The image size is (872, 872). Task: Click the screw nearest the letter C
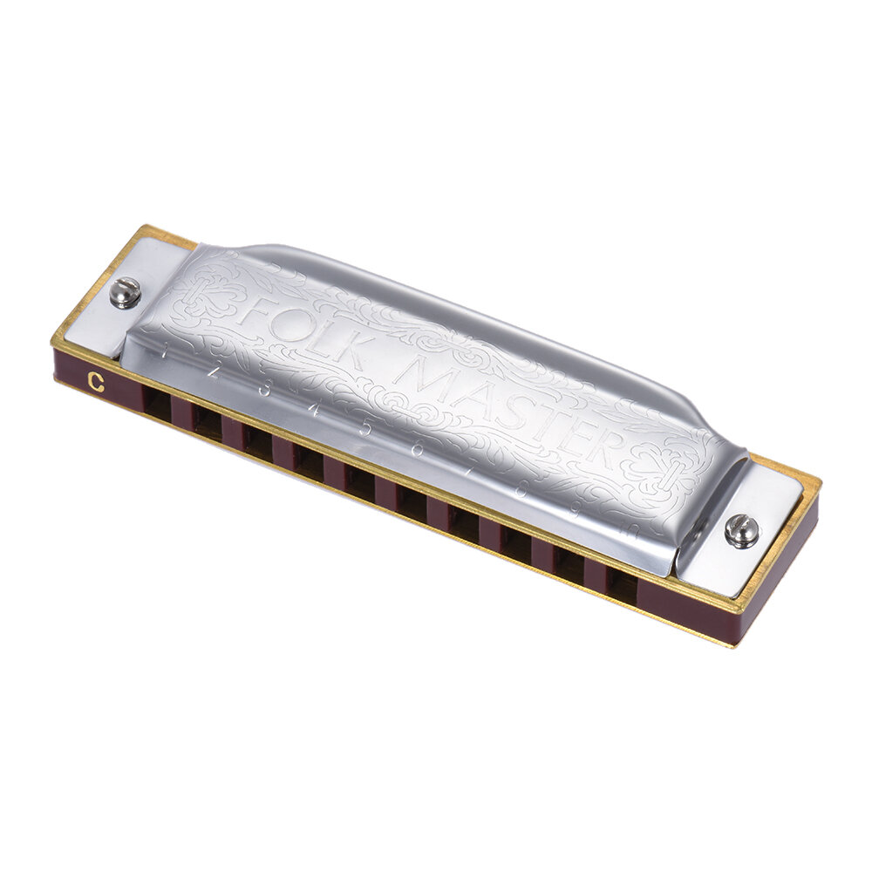point(125,292)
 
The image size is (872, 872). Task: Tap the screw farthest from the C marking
point(741,530)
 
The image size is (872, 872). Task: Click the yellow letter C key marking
point(96,380)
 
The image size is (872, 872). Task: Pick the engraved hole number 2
point(213,370)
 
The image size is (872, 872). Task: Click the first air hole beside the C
point(156,403)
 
